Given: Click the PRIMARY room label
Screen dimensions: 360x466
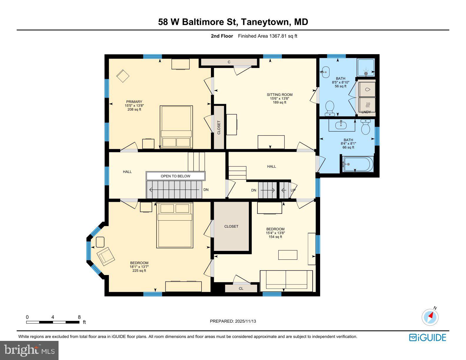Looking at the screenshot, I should click(134, 102).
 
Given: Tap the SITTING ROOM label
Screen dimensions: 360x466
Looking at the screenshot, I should click(279, 95).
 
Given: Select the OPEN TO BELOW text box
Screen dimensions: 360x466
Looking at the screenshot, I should click(175, 176).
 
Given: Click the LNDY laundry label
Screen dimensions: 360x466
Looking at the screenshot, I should click(366, 112).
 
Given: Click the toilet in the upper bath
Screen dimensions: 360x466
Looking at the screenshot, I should click(330, 108).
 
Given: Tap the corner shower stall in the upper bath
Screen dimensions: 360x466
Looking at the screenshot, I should click(366, 67).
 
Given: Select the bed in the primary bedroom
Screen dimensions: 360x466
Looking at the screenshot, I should click(176, 127).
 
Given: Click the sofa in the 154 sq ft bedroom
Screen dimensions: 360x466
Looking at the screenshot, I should click(286, 281).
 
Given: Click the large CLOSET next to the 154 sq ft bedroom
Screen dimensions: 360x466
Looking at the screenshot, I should click(231, 226).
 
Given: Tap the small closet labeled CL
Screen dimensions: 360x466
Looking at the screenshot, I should click(241, 289).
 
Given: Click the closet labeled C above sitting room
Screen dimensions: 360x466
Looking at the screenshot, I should click(229, 62).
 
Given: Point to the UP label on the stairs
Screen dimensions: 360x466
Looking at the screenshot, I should click(293, 190).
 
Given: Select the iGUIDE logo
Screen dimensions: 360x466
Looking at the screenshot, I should click(427, 337).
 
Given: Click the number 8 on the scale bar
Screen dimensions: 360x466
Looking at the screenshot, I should click(79, 317).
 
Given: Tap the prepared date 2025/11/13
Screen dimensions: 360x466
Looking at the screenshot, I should click(245, 321).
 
